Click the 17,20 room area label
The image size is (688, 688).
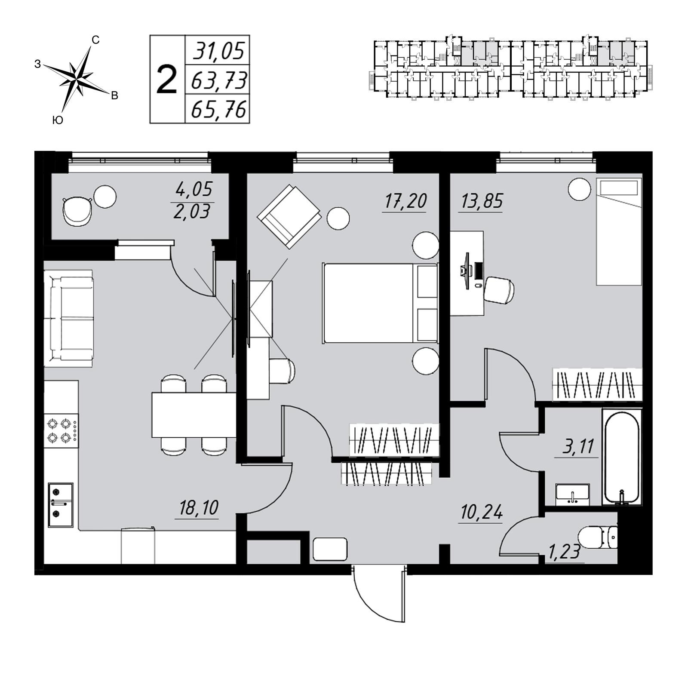point(404,201)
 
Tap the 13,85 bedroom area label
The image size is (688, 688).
point(482,201)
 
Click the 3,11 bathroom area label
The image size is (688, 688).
point(578,447)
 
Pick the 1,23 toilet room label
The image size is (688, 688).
point(564,552)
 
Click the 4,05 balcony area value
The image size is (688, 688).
point(194,189)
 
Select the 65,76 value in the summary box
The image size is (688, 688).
point(218,110)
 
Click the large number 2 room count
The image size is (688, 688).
point(166,80)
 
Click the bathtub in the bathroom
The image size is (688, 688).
point(621,456)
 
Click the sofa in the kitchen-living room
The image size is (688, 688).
point(69,318)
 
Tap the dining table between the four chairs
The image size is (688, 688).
point(193,415)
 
